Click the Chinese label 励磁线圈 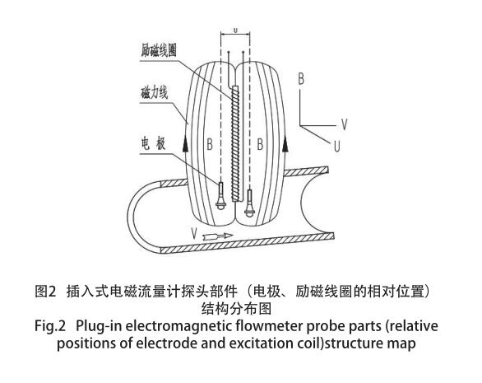[159, 50]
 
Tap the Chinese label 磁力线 [155, 92]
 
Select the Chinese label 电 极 [153, 144]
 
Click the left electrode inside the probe [220, 195]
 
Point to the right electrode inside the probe [249, 203]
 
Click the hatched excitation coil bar [235, 144]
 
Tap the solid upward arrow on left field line [185, 144]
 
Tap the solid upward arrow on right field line [285, 143]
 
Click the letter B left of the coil [210, 144]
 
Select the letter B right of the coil [260, 144]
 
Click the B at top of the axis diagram [301, 79]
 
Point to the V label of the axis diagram [344, 124]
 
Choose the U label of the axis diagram [337, 147]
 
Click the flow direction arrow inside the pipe [217, 236]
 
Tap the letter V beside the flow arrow [194, 233]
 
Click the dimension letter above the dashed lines [235, 30]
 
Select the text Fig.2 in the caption [50, 325]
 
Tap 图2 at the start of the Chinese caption [46, 292]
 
